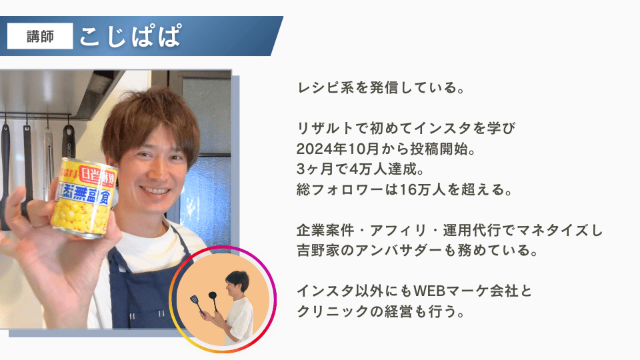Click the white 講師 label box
pyautogui.click(x=40, y=36)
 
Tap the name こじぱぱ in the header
pyautogui.click(x=130, y=36)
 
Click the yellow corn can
pyautogui.click(x=84, y=197)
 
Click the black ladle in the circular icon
pyautogui.click(x=213, y=301)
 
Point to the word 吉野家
pyautogui.click(x=319, y=250)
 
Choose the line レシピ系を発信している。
pyautogui.click(x=381, y=88)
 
